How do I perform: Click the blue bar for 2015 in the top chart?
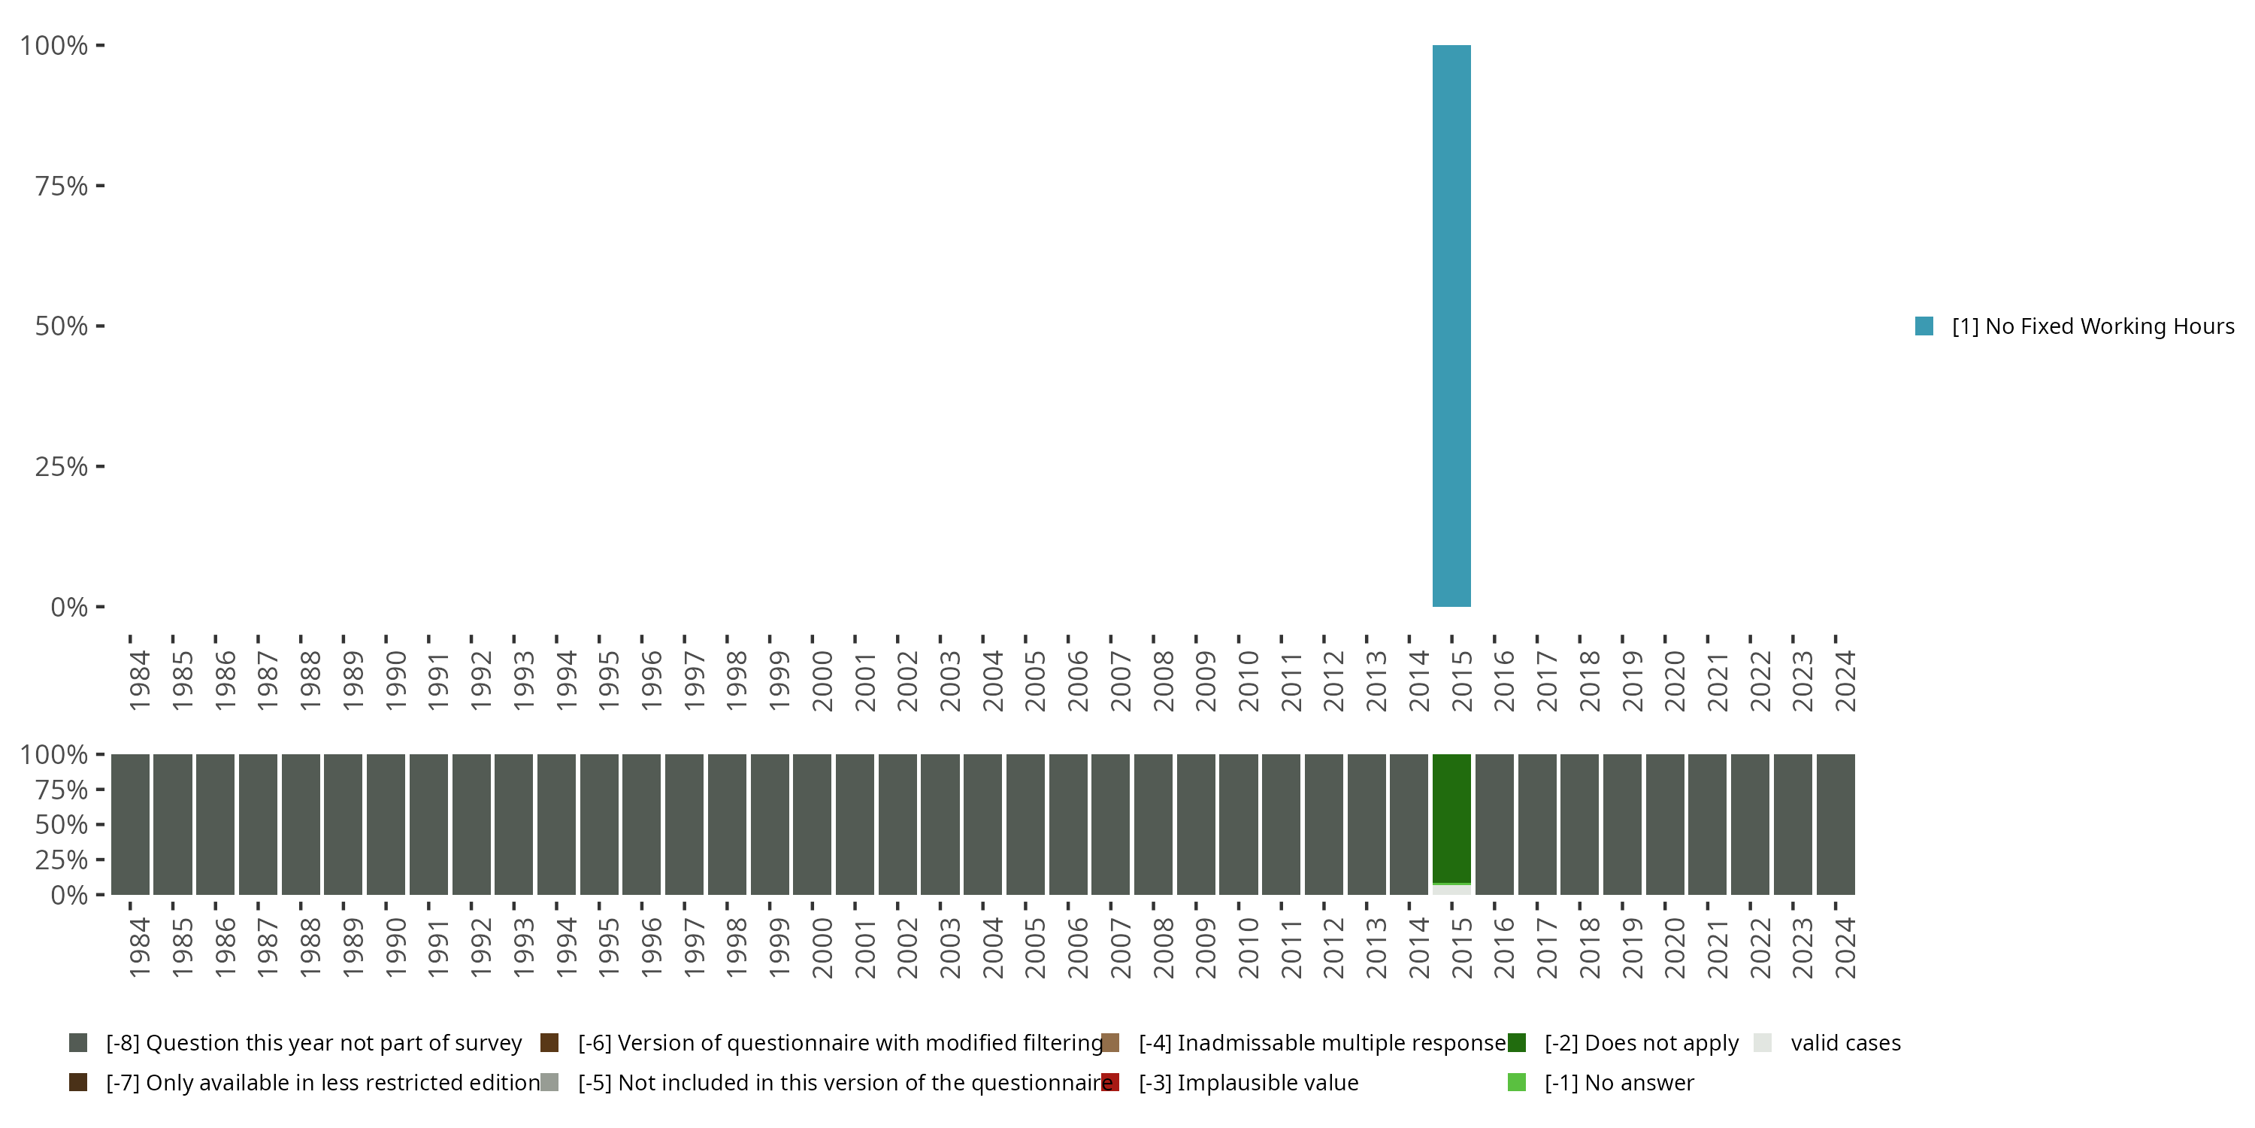coord(1451,326)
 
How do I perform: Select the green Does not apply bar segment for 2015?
coord(1451,818)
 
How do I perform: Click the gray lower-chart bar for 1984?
coord(129,824)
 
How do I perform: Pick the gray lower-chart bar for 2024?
coord(1836,824)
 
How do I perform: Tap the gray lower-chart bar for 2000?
coord(812,824)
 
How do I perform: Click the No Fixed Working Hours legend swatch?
coord(1924,326)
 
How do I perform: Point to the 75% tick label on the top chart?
coord(62,186)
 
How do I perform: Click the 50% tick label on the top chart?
coord(62,326)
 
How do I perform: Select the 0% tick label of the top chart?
coord(69,607)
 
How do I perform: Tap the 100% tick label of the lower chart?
coord(53,754)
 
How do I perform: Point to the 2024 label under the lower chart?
coord(1845,948)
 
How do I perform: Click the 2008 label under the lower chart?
coord(1164,948)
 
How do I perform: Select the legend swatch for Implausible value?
coord(1110,1082)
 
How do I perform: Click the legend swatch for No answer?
coord(1517,1082)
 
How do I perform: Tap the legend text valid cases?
coord(1845,1043)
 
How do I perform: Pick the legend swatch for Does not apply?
coord(1517,1043)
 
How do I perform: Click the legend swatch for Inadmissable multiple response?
coord(1110,1043)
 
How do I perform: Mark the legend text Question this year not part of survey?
coord(313,1043)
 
